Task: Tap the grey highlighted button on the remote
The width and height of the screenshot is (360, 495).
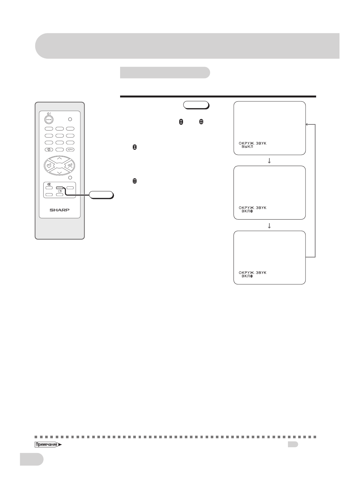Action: coord(60,188)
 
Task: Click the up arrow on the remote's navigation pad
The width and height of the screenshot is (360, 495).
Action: coord(59,158)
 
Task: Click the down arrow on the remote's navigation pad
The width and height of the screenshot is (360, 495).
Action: coord(59,172)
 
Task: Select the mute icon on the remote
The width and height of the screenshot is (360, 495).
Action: coord(49,184)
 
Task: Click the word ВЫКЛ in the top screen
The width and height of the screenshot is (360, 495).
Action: coord(247,147)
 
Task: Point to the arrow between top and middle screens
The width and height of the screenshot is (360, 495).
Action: coord(269,161)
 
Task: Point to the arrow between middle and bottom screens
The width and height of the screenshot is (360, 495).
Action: coord(269,226)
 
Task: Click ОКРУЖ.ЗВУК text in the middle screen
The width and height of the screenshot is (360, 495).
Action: coord(252,207)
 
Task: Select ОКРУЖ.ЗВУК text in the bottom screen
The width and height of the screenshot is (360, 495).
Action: coord(252,272)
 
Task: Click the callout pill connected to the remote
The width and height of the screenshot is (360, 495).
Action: coord(101,195)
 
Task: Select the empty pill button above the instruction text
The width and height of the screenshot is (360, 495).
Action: coord(196,105)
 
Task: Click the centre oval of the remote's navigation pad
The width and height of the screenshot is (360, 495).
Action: coord(59,165)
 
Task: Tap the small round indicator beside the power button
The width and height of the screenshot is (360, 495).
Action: coord(70,119)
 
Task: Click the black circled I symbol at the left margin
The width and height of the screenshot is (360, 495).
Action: coord(135,147)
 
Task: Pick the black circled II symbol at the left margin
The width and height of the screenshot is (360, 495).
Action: coord(135,181)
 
